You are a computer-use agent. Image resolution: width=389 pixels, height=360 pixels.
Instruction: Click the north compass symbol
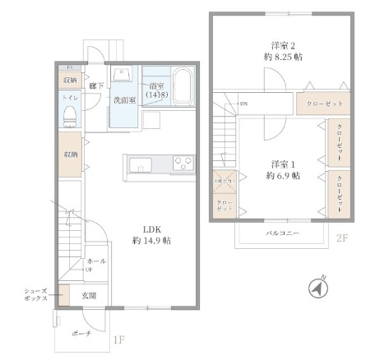coord(317,288)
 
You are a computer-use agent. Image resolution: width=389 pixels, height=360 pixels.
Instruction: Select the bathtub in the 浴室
coord(183,85)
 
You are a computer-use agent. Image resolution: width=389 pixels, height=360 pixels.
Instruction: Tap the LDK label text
coord(151,228)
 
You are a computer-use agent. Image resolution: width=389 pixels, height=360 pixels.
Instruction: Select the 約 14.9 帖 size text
coord(151,241)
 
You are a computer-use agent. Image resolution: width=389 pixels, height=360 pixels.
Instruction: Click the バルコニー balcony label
coord(282,233)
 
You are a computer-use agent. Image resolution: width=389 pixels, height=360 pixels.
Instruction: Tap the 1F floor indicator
coord(118,338)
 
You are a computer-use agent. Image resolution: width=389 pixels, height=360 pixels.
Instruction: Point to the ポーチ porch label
coord(81,335)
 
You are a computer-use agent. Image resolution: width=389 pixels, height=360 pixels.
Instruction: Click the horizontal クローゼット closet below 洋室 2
coord(324,103)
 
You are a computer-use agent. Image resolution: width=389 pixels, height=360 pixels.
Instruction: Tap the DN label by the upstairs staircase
coord(243,104)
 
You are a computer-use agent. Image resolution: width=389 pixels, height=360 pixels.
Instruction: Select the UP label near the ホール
coord(90,269)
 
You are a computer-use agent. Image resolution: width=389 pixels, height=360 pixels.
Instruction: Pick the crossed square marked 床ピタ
coord(225,180)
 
